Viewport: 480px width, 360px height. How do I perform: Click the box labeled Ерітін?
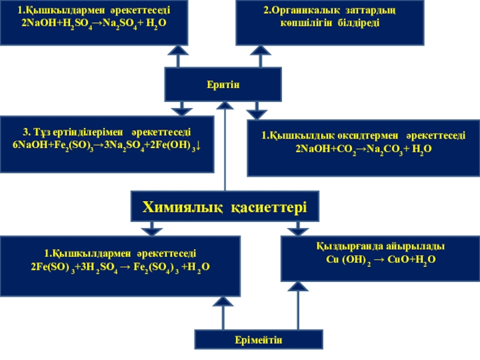point(223,85)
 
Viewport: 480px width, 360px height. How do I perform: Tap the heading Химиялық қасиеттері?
point(224,208)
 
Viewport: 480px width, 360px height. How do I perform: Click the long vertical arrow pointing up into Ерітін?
point(224,147)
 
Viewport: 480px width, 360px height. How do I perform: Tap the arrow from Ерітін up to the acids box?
point(178,56)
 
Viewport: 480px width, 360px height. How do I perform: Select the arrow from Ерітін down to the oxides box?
point(257,110)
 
